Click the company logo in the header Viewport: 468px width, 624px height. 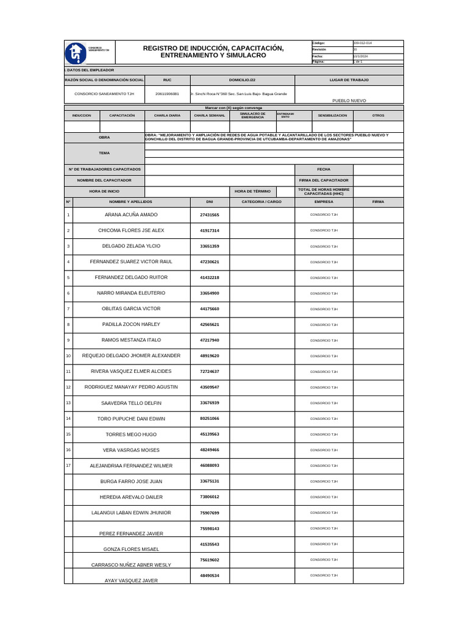pos(76,53)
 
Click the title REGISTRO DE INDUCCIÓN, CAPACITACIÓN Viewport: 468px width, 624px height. pos(213,48)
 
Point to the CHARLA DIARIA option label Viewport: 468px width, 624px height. pos(167,115)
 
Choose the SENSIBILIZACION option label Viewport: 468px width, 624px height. pos(332,115)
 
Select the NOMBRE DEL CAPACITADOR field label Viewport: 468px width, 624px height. pos(104,180)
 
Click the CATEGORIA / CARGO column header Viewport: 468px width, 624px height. pos(262,201)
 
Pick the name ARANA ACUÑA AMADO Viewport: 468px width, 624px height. pos(131,215)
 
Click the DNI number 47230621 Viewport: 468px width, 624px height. pos(210,262)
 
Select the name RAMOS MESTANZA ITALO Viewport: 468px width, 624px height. pos(131,340)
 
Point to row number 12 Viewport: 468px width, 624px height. pos(68,387)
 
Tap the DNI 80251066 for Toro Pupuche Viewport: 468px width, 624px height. pos(210,419)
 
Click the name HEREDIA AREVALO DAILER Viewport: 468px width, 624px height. pos(131,497)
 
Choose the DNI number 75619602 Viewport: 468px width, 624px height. pos(210,559)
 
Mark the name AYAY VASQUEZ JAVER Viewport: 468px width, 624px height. pos(131,581)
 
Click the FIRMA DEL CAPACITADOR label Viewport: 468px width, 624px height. pos(324,180)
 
